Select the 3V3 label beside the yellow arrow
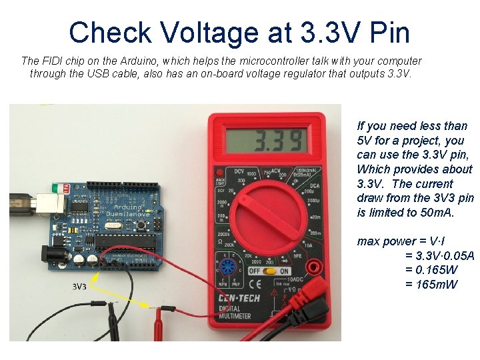point(80,287)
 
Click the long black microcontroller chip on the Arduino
point(127,241)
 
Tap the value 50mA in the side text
point(437,213)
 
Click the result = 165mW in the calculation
point(432,284)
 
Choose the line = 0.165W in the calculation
point(431,269)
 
